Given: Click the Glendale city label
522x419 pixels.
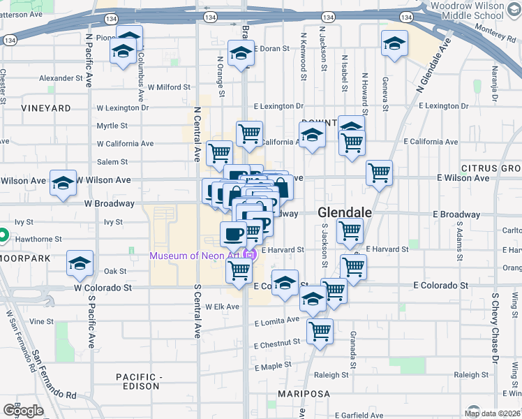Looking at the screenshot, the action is (345, 212).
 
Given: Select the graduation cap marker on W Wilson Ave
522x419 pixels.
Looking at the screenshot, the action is (64, 184).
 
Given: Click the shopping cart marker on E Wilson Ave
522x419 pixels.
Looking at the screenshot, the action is (379, 172).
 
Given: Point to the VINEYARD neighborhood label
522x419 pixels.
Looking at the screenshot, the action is (46, 108).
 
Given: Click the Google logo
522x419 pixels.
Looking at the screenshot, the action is (23, 411).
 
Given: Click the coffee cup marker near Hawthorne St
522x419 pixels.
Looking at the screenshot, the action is (233, 233).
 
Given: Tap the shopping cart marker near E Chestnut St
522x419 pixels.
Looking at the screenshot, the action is (320, 332).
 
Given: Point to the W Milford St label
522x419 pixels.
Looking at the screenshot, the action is (169, 87).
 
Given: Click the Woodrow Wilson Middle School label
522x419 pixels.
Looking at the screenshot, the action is (467, 10).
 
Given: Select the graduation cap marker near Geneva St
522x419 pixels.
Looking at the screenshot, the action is (394, 43).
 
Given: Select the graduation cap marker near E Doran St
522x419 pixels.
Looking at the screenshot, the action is (241, 54).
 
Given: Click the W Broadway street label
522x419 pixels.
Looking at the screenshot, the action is (109, 203).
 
